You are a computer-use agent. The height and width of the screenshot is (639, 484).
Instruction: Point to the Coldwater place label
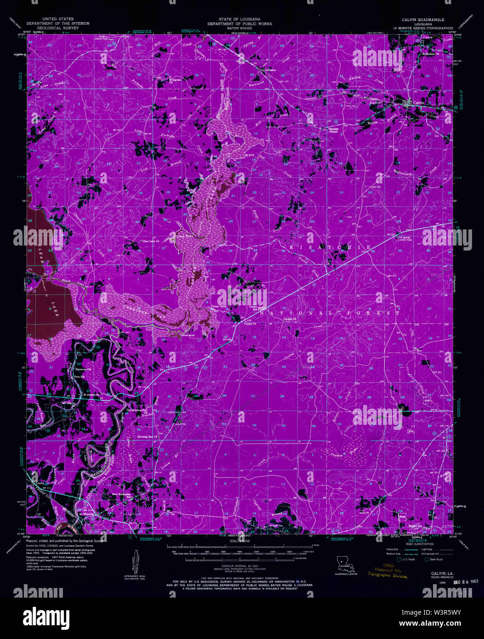256,70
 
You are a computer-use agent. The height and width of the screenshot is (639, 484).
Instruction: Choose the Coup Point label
184,237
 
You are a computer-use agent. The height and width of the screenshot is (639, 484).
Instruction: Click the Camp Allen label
219,306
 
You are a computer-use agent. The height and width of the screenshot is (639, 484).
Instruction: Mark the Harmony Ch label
84,369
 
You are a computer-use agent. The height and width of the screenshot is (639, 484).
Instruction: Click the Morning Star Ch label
148,436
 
